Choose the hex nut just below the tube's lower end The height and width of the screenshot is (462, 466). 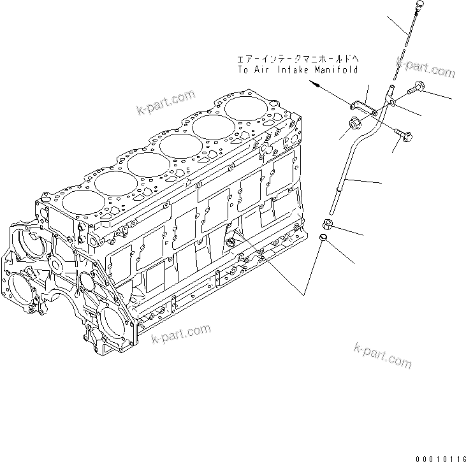coord(326,224)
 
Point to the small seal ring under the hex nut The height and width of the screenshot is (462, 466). coord(323,239)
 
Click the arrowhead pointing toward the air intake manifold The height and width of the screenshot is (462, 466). coord(317,84)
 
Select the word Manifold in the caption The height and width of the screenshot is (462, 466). coord(336,69)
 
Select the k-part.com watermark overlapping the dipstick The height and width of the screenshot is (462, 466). coord(424,66)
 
